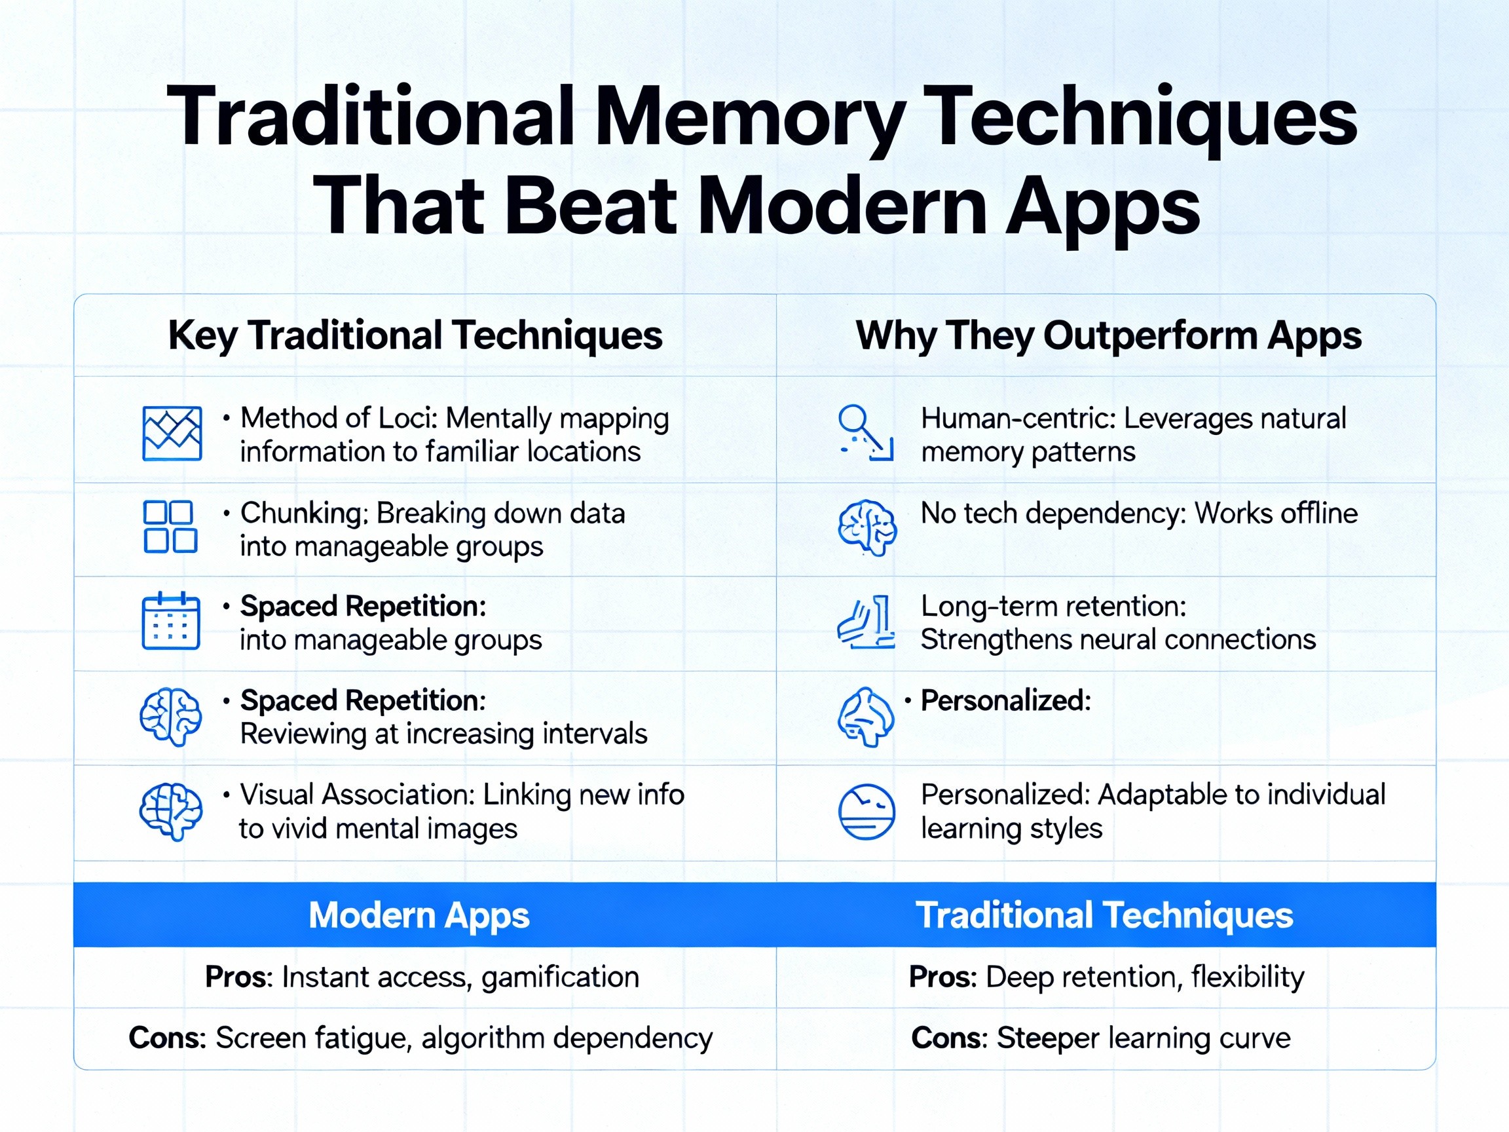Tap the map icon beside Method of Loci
172,434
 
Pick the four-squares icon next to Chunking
170,527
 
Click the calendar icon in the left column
170,621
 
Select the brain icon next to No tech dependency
866,527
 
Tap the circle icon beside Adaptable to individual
866,812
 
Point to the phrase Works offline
1276,513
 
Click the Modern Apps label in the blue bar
419,915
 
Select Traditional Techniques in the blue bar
1104,915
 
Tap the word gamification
560,978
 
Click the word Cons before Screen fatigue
166,1038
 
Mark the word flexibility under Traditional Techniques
1248,977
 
